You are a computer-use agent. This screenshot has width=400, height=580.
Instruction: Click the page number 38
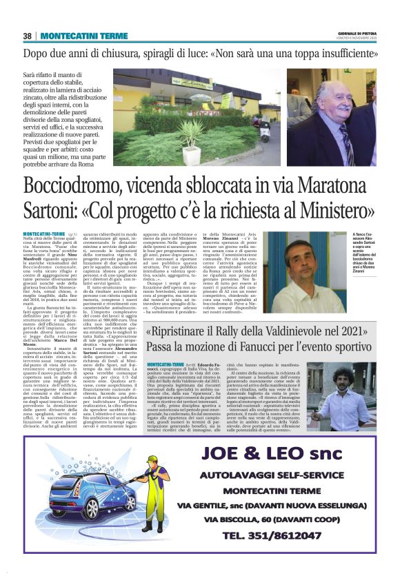(27, 35)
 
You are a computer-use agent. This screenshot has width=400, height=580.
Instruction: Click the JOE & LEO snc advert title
(279, 455)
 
